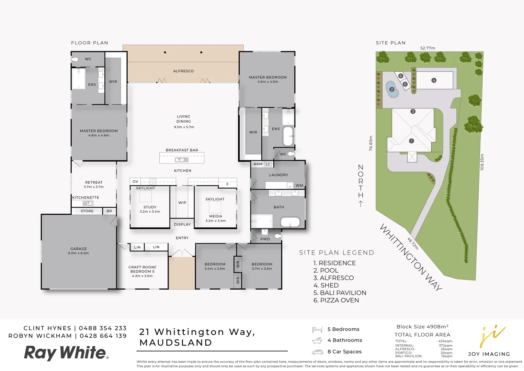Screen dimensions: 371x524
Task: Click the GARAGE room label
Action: (x=79, y=249)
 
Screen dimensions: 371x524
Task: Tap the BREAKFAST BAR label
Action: (x=182, y=150)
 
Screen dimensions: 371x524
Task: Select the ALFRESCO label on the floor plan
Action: (x=183, y=71)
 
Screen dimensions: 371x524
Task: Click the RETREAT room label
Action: (x=94, y=182)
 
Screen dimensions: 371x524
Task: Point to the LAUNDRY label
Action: (x=278, y=175)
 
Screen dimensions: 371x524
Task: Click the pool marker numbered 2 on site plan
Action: (x=392, y=90)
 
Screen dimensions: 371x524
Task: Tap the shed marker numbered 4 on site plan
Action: (x=434, y=80)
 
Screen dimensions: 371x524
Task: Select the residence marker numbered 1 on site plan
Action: (x=411, y=141)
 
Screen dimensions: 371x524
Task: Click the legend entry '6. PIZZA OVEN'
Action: (x=336, y=300)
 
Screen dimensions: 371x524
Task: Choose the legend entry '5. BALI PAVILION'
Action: (x=340, y=293)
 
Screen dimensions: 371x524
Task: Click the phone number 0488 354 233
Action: (x=103, y=328)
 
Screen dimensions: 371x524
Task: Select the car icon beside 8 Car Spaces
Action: (x=318, y=352)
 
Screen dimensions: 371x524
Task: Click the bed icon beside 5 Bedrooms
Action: (x=317, y=330)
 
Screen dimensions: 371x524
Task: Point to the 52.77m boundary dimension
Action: (x=428, y=48)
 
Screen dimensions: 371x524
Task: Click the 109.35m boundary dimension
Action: (x=482, y=162)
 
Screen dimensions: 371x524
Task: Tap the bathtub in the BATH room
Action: (x=290, y=222)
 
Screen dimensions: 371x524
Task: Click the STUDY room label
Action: (x=150, y=207)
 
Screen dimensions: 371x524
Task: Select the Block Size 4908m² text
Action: (x=422, y=327)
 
